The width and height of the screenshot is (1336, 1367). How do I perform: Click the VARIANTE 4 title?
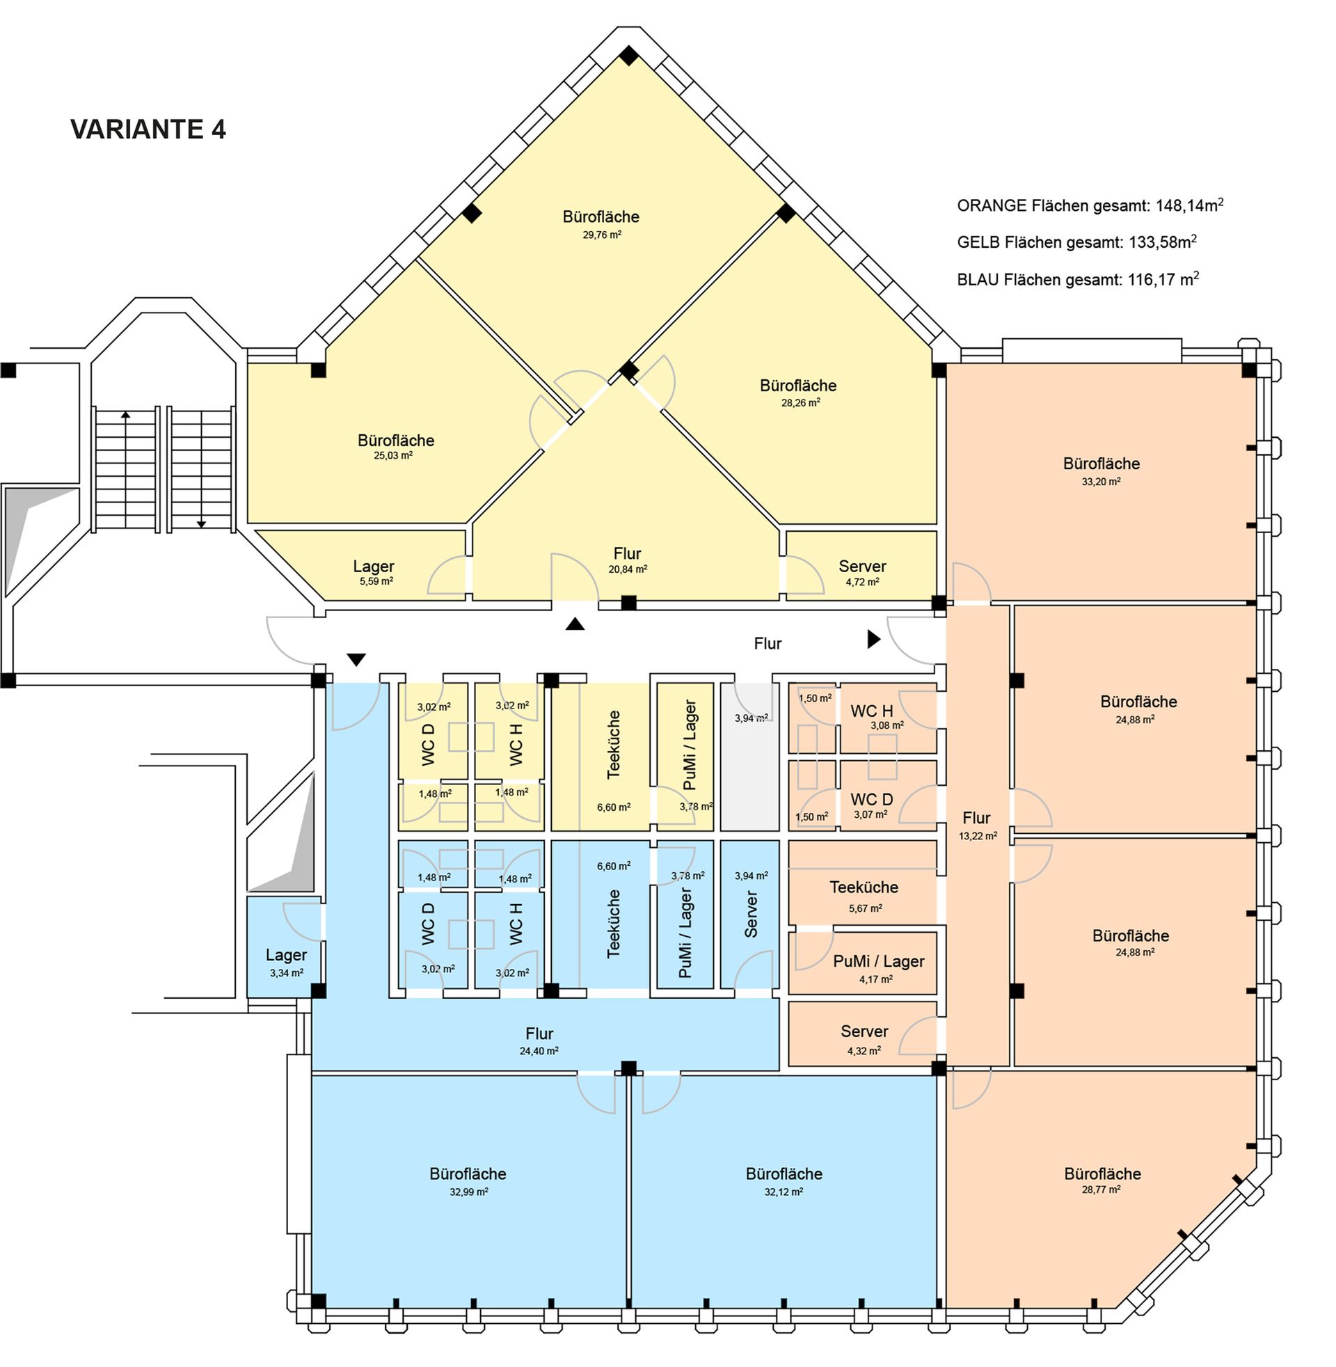[148, 129]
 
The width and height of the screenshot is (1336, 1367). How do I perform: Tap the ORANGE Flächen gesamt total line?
[1090, 205]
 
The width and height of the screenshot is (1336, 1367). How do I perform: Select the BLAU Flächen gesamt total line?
[1078, 279]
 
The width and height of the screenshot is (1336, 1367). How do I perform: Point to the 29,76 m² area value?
[601, 235]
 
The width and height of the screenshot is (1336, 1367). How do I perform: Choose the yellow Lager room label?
[373, 567]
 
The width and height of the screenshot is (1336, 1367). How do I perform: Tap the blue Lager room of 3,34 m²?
[284, 947]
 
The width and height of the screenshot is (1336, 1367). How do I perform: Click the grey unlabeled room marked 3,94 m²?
[750, 757]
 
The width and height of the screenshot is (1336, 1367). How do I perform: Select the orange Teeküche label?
[864, 887]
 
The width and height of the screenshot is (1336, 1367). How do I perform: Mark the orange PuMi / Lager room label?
[879, 961]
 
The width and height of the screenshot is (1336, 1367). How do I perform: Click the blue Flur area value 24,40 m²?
[539, 1051]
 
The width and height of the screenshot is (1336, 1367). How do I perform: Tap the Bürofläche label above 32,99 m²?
[468, 1174]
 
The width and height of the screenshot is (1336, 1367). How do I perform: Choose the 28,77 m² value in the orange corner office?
[1101, 1190]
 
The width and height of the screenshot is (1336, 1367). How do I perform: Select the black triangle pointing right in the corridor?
[873, 639]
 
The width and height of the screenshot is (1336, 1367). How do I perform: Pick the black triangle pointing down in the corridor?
[356, 660]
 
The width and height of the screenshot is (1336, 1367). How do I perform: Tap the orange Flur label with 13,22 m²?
[976, 818]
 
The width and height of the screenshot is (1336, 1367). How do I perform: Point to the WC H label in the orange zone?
[871, 711]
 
